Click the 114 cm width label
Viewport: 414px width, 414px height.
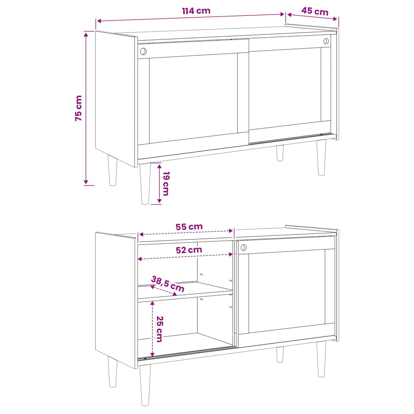click(x=196, y=11)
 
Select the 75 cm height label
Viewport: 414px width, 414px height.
click(x=78, y=108)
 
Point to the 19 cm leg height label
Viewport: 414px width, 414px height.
click(x=166, y=184)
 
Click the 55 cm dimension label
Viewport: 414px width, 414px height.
click(x=189, y=227)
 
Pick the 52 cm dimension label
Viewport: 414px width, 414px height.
click(x=189, y=250)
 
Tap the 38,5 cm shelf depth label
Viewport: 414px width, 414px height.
click(x=168, y=283)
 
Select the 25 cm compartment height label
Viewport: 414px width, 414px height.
click(x=159, y=329)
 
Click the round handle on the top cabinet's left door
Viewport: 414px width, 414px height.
click(x=143, y=51)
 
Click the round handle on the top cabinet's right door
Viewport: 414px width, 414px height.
click(x=326, y=41)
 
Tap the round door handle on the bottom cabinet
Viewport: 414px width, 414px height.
click(x=243, y=248)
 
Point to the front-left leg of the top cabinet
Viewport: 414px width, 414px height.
click(x=145, y=184)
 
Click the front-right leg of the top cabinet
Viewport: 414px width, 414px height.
click(x=321, y=158)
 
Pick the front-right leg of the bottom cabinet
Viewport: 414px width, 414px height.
click(x=321, y=359)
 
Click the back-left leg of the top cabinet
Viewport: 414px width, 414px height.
click(x=112, y=170)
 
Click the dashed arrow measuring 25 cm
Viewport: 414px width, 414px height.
click(x=152, y=329)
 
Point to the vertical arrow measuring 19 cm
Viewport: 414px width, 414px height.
click(x=159, y=184)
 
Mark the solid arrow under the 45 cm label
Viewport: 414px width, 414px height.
click(x=313, y=17)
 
